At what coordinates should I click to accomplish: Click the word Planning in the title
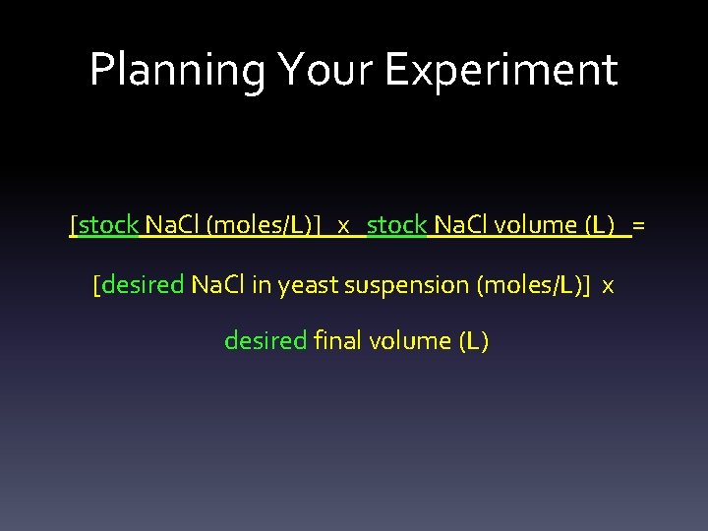(177, 71)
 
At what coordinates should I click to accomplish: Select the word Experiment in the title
(501, 71)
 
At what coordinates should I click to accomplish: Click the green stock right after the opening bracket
(108, 225)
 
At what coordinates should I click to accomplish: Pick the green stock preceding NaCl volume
(396, 225)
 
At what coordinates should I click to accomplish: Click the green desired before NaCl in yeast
(143, 285)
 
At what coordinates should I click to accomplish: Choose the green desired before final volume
(265, 341)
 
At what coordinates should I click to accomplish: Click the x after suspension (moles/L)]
(608, 286)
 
